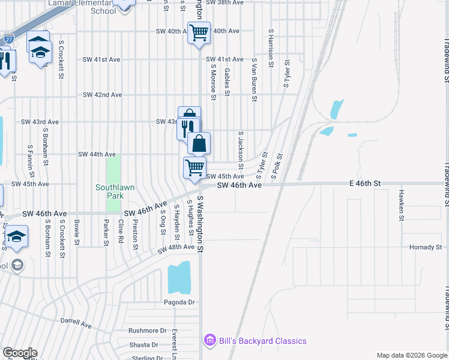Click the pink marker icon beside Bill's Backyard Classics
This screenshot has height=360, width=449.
coord(209,341)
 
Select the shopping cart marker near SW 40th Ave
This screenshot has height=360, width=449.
coord(199,32)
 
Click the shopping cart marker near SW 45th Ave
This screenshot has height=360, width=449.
coord(194,167)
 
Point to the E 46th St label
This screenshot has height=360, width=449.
coord(367,182)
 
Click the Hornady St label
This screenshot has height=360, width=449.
coord(425,247)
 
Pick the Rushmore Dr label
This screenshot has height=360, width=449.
coord(147,331)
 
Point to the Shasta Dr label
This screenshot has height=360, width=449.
coord(143,344)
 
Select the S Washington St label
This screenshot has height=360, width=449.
coord(201,223)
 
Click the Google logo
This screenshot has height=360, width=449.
coord(20,353)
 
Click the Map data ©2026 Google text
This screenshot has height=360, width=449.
coord(411,355)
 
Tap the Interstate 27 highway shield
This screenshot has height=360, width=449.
coord(8,39)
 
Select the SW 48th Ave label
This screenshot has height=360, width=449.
coord(176,247)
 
